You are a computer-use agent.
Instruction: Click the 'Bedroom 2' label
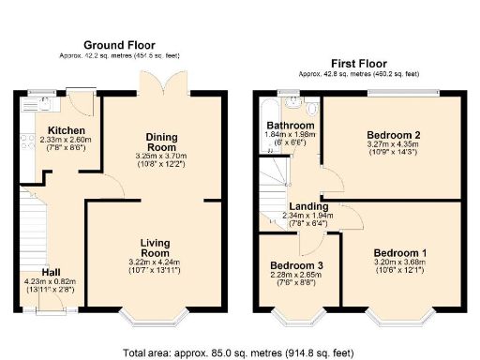(393, 135)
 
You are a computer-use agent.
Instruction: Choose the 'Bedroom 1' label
(399, 253)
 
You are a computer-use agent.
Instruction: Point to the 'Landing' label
(308, 206)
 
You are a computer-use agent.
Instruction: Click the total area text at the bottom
(239, 353)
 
